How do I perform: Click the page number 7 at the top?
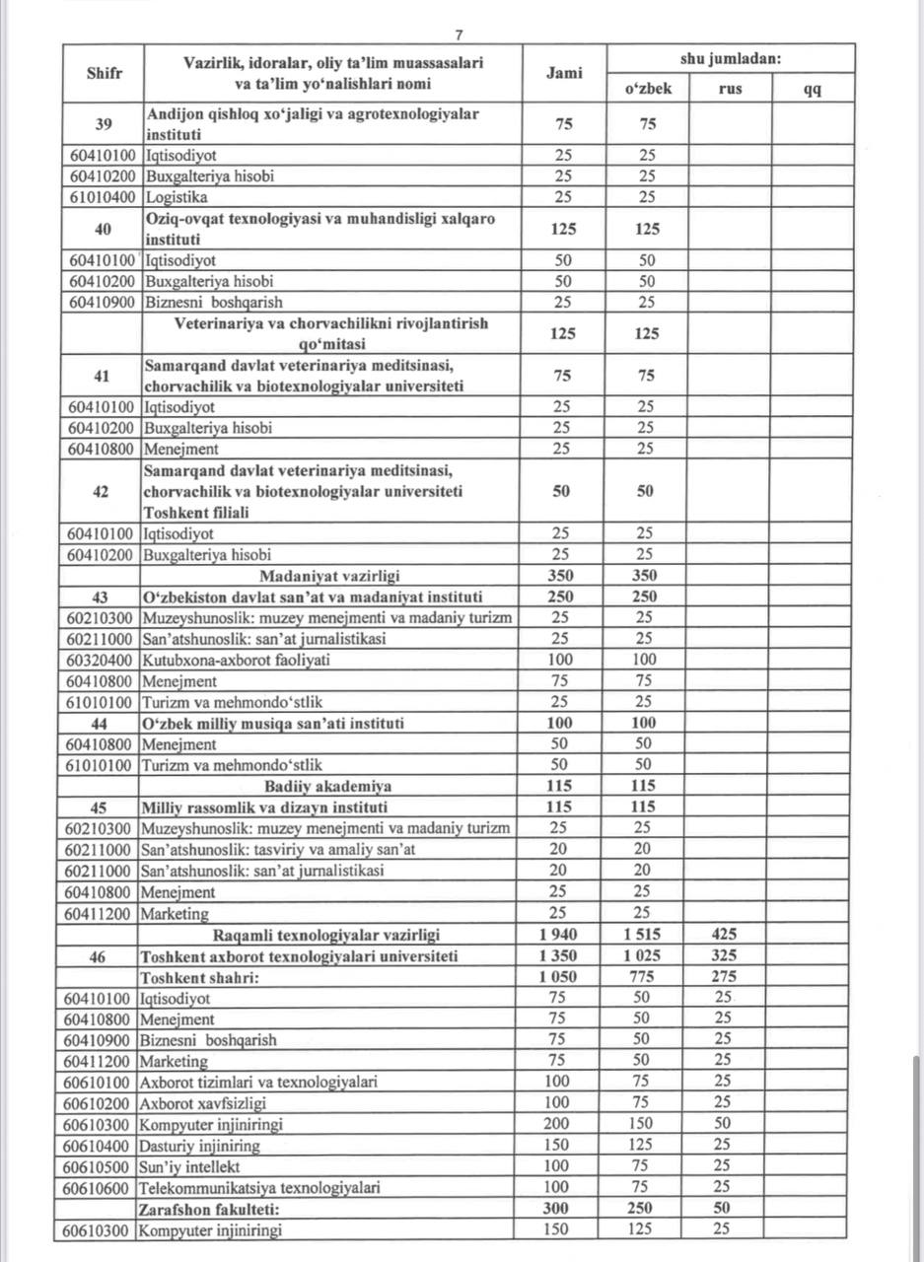point(459,35)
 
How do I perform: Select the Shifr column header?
point(103,72)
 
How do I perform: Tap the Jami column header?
point(564,72)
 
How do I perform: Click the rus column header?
point(731,89)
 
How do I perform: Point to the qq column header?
point(813,89)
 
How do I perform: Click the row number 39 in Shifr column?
point(103,123)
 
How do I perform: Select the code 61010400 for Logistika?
point(103,197)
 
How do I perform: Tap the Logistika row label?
point(177,197)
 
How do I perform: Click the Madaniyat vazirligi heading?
point(329,576)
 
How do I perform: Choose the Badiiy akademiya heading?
point(328,786)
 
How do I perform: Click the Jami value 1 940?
point(559,935)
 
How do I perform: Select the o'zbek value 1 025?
point(643,955)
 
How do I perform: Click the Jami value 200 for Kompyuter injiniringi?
point(558,1125)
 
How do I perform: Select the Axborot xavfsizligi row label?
point(203,1103)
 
